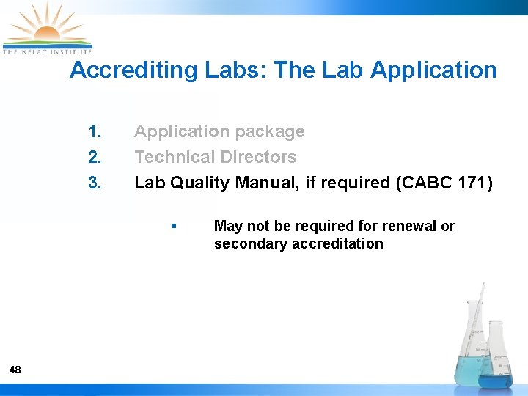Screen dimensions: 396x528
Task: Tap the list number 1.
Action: [x=95, y=132]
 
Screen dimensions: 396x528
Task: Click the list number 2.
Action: [x=95, y=157]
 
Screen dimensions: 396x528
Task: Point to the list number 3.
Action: [x=95, y=183]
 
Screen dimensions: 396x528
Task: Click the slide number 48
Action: [x=15, y=370]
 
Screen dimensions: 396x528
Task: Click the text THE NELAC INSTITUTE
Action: [x=47, y=51]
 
